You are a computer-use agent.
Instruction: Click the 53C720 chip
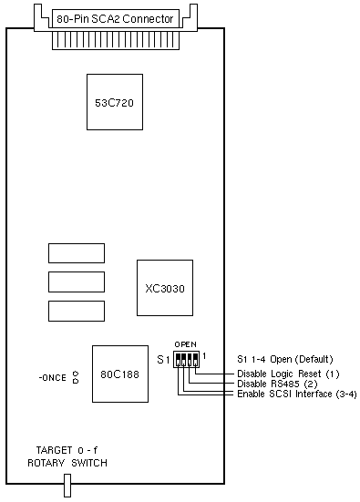click(115, 102)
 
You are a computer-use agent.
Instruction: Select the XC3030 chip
click(165, 288)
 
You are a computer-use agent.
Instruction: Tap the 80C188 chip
click(120, 374)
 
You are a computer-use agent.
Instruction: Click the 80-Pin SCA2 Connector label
click(116, 19)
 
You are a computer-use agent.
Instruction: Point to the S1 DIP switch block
click(186, 359)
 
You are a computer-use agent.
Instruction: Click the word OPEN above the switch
click(185, 344)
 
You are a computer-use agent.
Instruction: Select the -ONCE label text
click(53, 378)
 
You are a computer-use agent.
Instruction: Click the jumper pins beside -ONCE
click(76, 377)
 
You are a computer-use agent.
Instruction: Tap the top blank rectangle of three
click(77, 253)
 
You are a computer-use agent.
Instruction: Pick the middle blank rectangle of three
click(77, 282)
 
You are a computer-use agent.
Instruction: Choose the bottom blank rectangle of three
click(77, 311)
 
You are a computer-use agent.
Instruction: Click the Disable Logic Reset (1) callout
click(288, 374)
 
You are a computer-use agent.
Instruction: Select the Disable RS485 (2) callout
click(277, 384)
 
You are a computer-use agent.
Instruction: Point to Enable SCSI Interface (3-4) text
click(297, 394)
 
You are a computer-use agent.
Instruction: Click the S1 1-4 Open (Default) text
click(285, 359)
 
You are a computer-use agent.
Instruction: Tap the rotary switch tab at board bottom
click(67, 486)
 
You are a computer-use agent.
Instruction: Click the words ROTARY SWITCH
click(67, 463)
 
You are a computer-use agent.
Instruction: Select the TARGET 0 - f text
click(67, 450)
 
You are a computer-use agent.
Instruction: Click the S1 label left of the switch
click(163, 360)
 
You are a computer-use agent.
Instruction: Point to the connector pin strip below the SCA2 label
click(116, 41)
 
